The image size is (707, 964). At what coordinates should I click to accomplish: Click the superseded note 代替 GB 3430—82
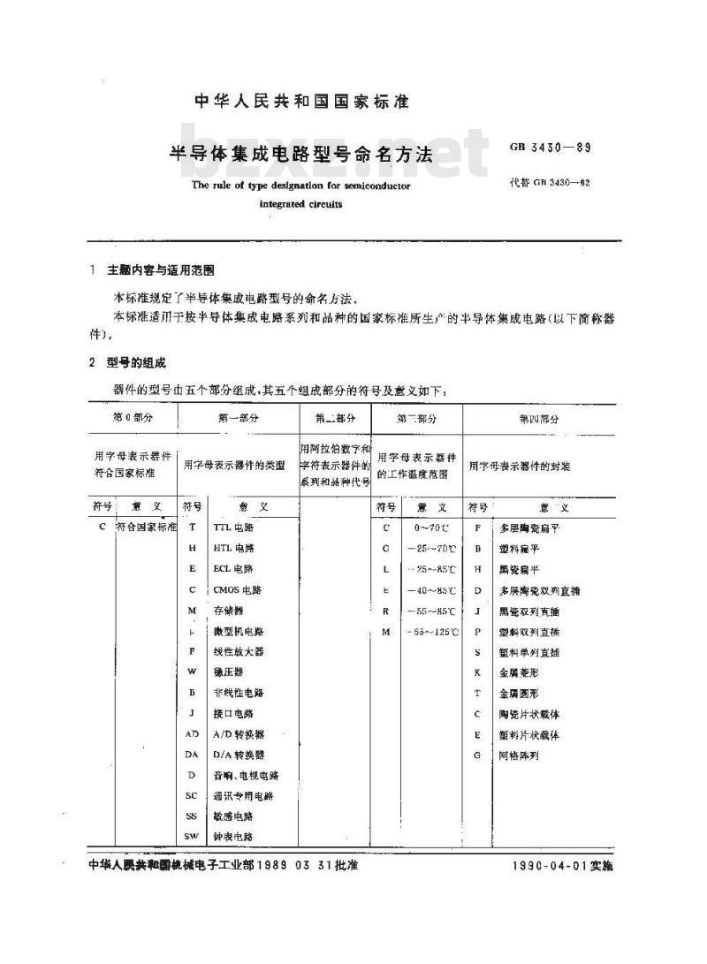550,184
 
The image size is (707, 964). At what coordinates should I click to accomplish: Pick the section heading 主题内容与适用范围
160,269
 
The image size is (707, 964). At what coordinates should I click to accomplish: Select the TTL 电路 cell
232,527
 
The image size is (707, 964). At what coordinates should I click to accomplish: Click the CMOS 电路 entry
237,589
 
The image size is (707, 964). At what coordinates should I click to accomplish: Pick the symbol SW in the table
192,836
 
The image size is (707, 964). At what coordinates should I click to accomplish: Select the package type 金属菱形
515,672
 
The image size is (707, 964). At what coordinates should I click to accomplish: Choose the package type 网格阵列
518,755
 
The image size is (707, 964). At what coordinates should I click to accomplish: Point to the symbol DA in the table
192,755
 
